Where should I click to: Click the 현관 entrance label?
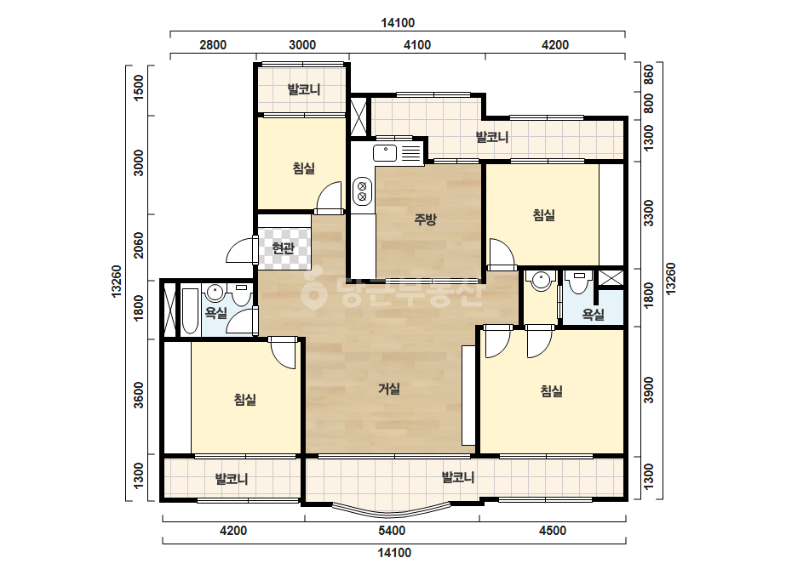pos(283,248)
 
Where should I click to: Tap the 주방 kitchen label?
pos(425,219)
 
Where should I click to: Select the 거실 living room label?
pos(389,388)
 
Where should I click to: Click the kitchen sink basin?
pos(385,153)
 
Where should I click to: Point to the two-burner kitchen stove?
pos(362,191)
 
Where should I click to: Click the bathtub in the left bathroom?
pos(190,310)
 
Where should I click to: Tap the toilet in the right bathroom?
pos(578,283)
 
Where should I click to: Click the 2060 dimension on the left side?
pos(139,245)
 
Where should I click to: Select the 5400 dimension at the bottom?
pos(392,531)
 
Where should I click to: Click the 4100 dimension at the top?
pos(417,45)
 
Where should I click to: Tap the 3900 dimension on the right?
pos(649,390)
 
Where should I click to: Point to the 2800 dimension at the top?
pos(213,45)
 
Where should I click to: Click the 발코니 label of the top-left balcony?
pos(304,89)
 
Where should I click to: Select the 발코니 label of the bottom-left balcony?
pos(232,479)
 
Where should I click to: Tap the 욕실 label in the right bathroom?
pos(593,315)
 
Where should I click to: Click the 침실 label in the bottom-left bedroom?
pos(245,399)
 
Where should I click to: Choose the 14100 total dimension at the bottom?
pos(394,553)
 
